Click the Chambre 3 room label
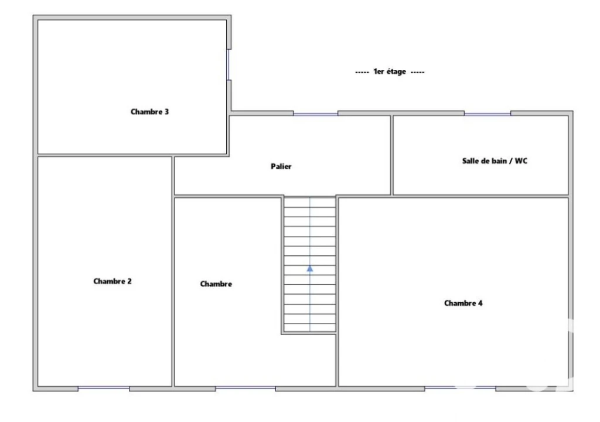(x=149, y=112)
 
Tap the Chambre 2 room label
(x=112, y=281)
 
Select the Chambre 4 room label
(x=463, y=303)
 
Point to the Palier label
(x=281, y=166)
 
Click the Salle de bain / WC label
(x=495, y=161)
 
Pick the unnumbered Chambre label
(x=216, y=284)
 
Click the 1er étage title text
(x=390, y=72)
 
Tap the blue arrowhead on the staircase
(x=310, y=269)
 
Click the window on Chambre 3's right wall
(x=229, y=65)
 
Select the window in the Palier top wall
(x=316, y=113)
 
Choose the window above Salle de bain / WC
(x=487, y=113)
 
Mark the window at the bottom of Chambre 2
(x=104, y=389)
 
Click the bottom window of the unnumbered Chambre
(x=246, y=389)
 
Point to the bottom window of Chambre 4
(x=461, y=389)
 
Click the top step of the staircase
(x=310, y=202)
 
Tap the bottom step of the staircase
(x=310, y=328)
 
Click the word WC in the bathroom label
(x=521, y=161)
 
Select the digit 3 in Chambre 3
(x=166, y=112)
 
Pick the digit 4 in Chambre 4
(x=480, y=303)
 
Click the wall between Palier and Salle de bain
(x=392, y=155)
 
